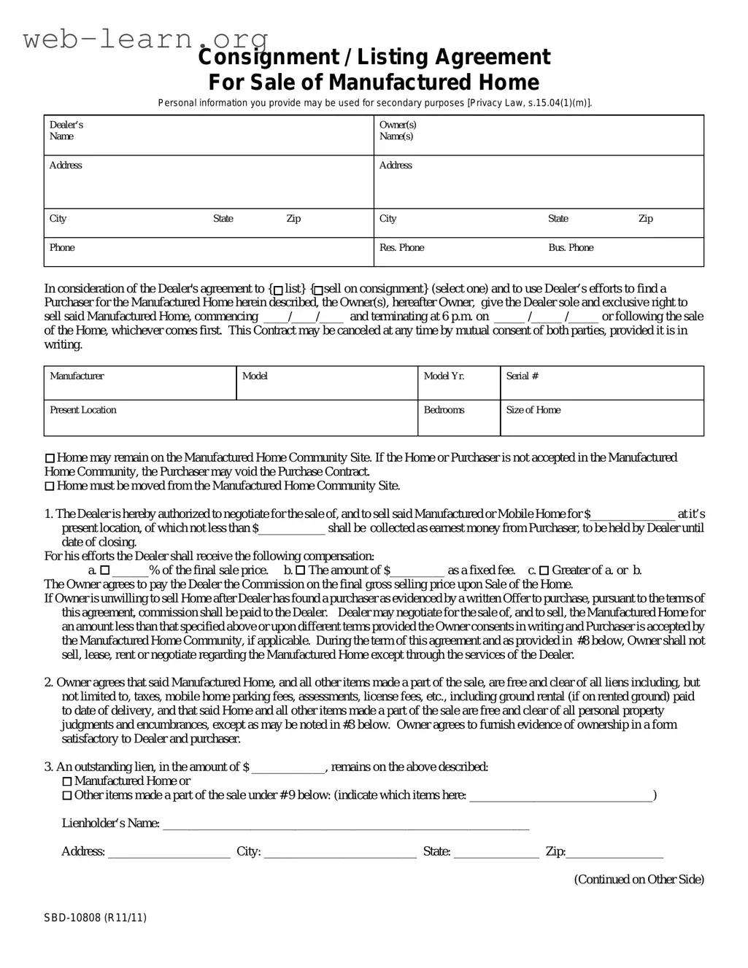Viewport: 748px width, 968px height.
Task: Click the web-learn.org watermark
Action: (x=145, y=38)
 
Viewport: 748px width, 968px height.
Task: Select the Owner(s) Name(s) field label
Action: (x=398, y=131)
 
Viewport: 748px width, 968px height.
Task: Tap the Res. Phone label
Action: (x=401, y=248)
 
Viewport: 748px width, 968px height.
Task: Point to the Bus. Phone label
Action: (x=571, y=248)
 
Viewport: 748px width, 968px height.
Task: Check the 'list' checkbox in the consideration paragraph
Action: (x=278, y=290)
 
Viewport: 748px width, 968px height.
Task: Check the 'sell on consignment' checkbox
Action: (x=317, y=290)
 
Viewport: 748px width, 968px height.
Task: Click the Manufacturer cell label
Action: (x=77, y=376)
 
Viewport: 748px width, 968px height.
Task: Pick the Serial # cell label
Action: (x=522, y=376)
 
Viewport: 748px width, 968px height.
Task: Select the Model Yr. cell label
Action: (x=444, y=376)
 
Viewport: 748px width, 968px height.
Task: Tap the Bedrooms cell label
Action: (x=444, y=410)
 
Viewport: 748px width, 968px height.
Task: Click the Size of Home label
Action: (x=533, y=410)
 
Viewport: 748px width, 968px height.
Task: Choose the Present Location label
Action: (x=82, y=410)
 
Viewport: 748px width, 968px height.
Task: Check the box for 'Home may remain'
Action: (x=50, y=458)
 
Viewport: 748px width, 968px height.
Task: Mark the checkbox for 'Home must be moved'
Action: (x=50, y=487)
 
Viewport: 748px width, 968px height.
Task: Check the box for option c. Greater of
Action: (x=544, y=570)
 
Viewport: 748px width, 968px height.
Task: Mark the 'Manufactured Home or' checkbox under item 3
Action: (x=67, y=781)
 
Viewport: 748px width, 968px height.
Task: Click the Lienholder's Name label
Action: (x=110, y=824)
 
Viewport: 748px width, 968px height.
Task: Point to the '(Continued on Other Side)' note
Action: (x=639, y=880)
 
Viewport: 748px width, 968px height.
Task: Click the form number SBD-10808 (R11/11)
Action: (x=94, y=918)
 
